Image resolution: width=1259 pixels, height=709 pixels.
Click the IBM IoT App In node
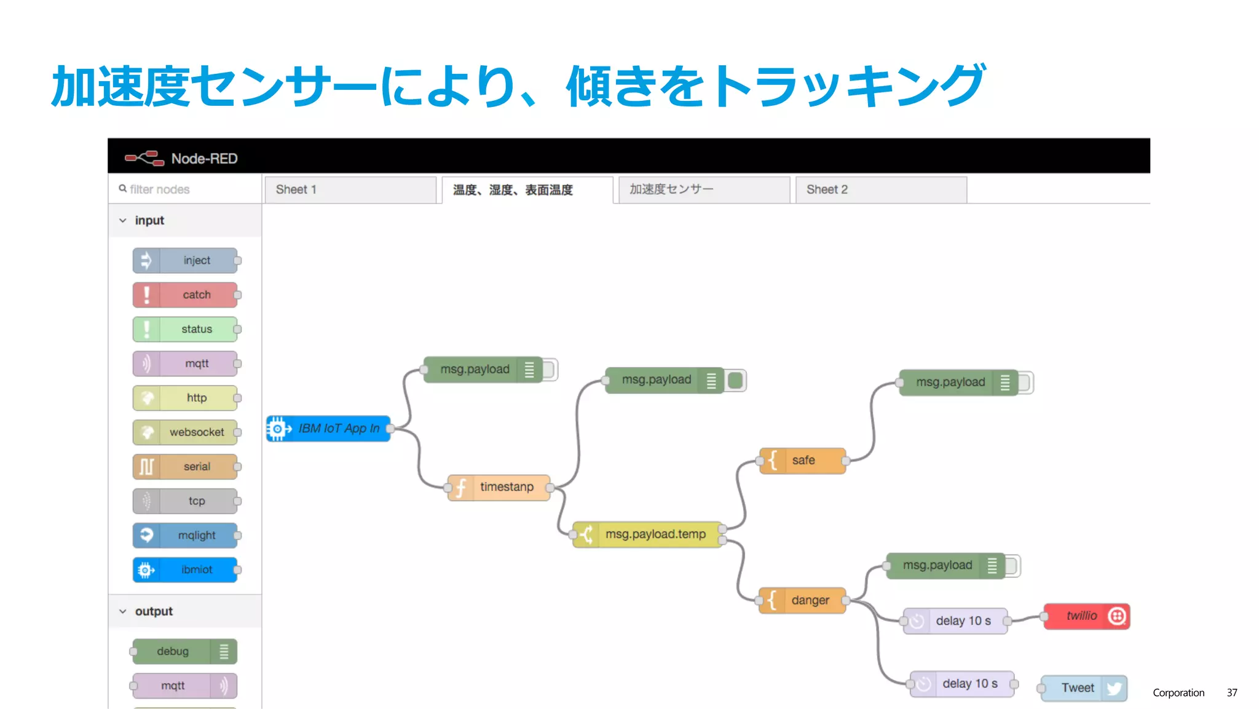tap(329, 429)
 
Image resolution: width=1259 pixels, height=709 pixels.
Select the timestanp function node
tap(499, 487)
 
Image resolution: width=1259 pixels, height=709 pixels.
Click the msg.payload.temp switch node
tap(648, 534)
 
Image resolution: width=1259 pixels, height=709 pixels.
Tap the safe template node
tap(802, 461)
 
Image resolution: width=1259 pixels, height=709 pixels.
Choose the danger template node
tap(802, 600)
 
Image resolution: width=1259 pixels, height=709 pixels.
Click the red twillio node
tap(1086, 616)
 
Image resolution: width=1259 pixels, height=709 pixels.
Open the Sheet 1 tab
tap(350, 190)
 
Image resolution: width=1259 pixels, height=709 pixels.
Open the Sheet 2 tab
tap(880, 190)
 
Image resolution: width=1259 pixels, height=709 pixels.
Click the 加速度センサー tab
tap(703, 190)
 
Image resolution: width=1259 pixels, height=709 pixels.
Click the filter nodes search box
tap(184, 189)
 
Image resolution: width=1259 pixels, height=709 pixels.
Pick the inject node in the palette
tap(185, 261)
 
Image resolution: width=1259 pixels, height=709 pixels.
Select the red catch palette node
tap(185, 295)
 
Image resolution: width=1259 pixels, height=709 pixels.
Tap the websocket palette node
tap(185, 432)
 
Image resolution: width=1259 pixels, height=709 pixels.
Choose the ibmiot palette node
tap(185, 570)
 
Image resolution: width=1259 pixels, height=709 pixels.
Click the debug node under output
tap(184, 652)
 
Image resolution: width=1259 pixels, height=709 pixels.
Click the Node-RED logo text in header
tap(204, 159)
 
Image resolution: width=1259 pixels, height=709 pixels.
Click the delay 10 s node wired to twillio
tap(955, 621)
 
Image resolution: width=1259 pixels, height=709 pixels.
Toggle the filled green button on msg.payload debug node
tap(735, 381)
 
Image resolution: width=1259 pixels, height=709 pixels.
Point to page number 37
tap(1231, 692)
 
